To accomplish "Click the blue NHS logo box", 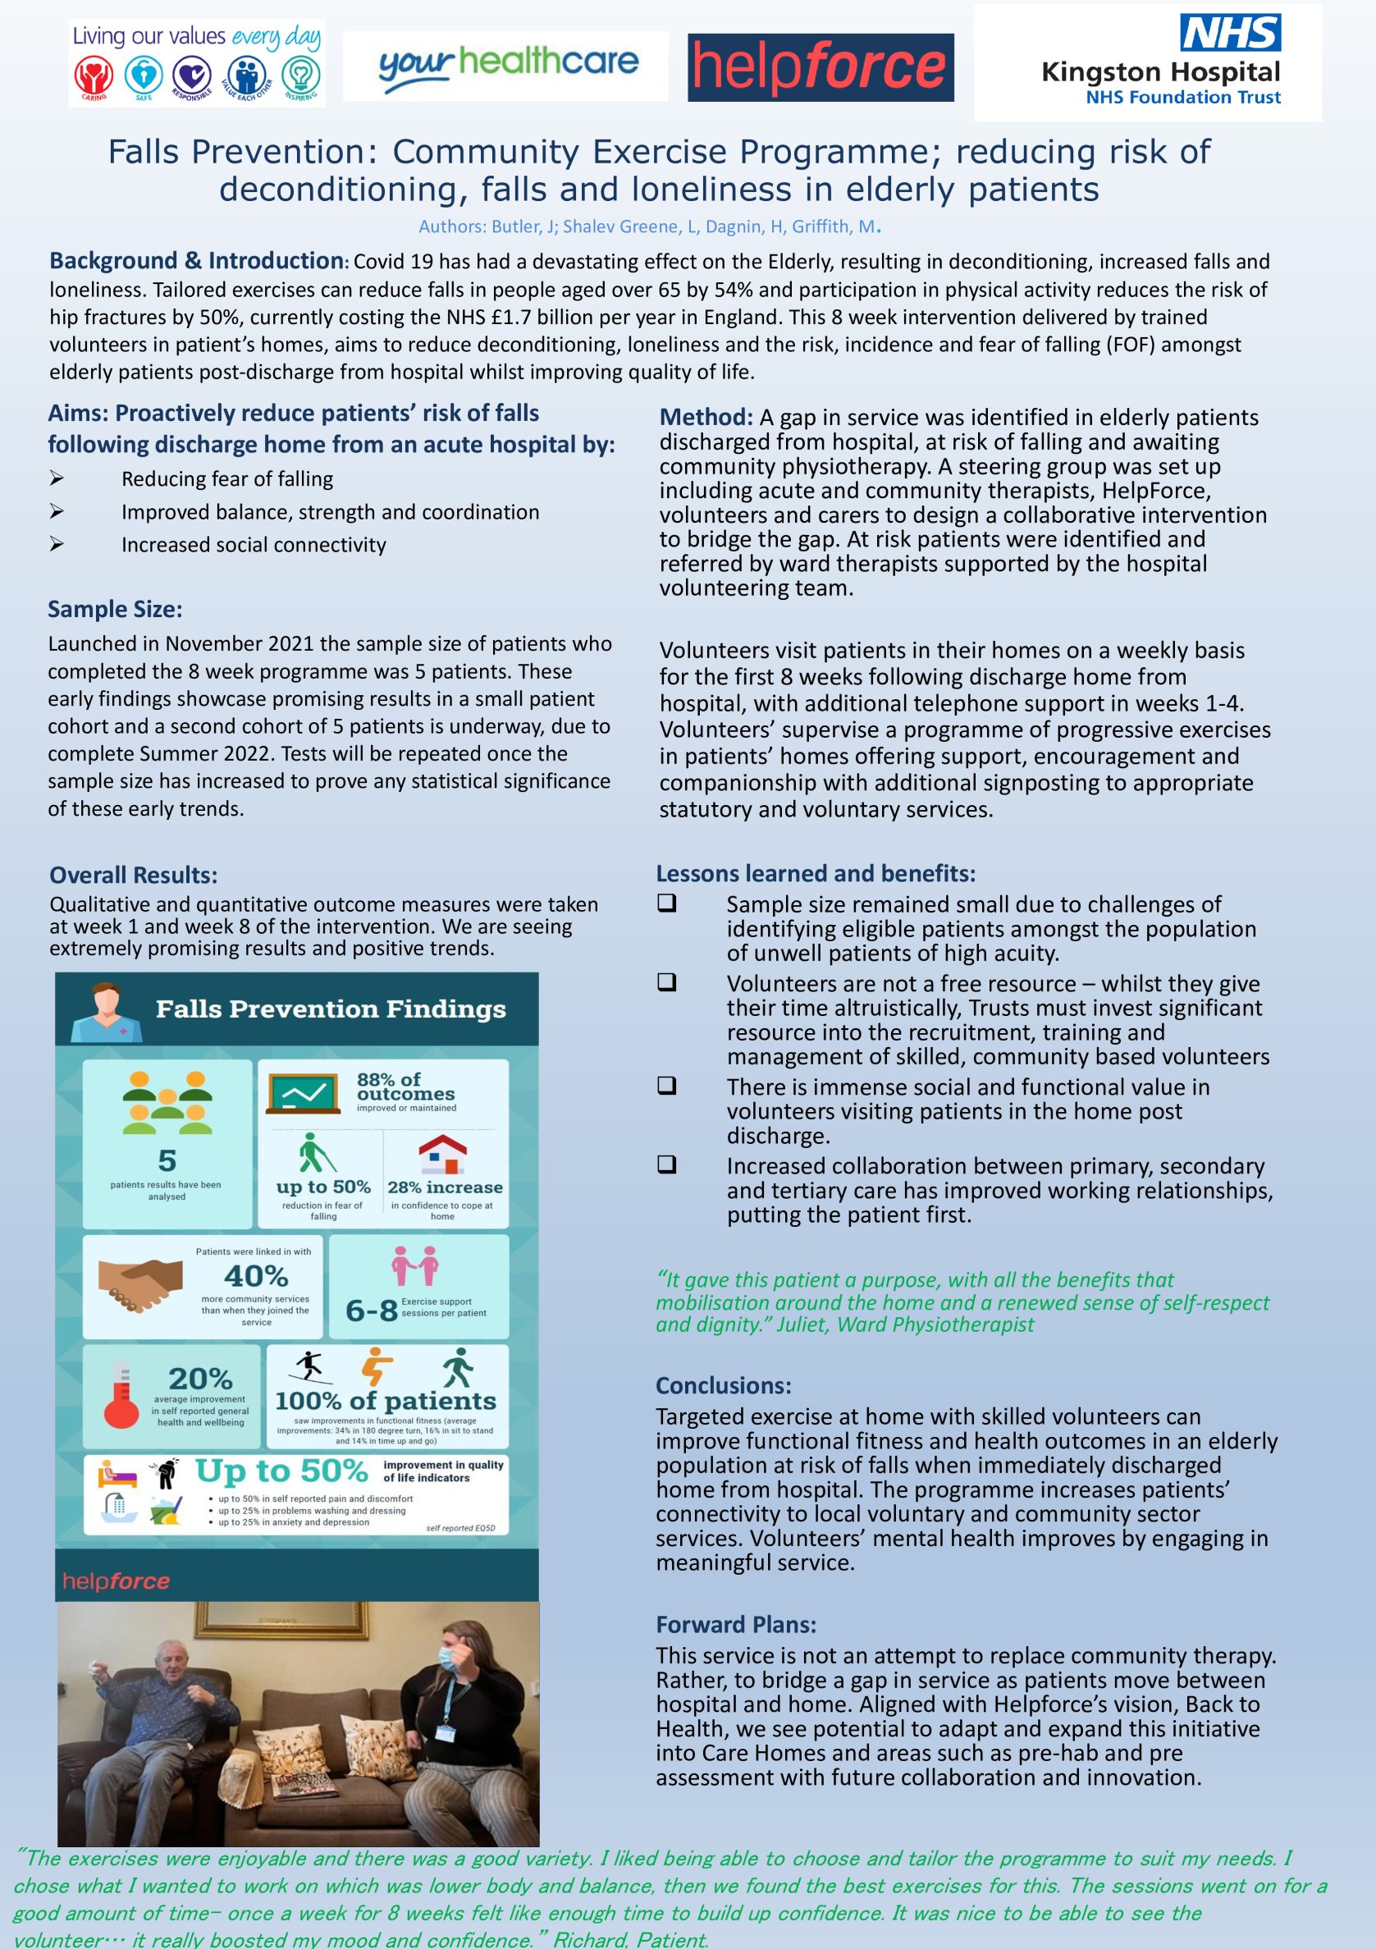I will [1230, 32].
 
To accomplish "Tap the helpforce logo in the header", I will [820, 67].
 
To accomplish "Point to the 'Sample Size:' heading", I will [115, 609].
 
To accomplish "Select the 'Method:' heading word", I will [706, 417].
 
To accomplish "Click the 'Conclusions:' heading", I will [723, 1385].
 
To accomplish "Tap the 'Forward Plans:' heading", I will [735, 1624].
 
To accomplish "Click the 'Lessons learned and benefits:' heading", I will [815, 873].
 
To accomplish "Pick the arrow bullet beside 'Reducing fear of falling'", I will [57, 478].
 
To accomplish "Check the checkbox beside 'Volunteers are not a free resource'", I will [667, 982].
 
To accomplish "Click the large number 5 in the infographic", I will [167, 1160].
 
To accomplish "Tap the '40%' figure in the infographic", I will [255, 1276].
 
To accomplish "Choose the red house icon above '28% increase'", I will [442, 1155].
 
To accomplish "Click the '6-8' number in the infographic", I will [371, 1311].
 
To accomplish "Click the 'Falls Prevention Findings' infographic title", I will [330, 1009].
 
